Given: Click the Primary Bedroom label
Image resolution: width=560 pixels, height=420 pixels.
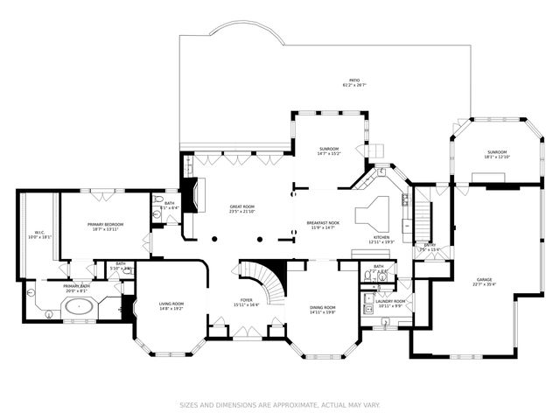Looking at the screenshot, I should [x=105, y=225].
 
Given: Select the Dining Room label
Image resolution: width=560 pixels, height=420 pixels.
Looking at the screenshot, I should [x=323, y=307].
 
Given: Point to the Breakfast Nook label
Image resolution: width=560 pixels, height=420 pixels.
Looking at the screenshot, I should [x=323, y=223].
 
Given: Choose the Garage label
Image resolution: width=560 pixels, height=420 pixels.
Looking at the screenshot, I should [x=484, y=279].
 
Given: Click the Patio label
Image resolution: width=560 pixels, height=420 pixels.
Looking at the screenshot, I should [x=354, y=80].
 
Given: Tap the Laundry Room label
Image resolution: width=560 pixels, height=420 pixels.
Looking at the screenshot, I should [x=389, y=301].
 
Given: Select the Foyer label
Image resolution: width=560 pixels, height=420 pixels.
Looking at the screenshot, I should [x=243, y=301].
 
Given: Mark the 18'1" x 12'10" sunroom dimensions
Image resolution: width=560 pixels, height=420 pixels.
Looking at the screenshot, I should [x=497, y=157].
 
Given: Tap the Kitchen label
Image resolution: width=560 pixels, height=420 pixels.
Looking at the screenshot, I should [x=381, y=237].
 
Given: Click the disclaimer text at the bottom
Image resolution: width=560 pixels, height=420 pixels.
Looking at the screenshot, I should [x=280, y=404].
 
